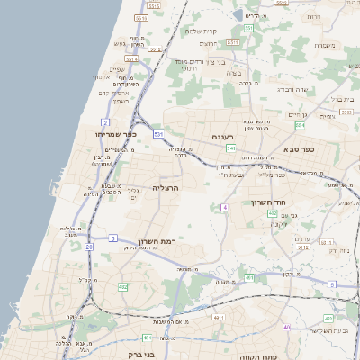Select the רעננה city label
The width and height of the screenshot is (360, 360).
coord(224,136)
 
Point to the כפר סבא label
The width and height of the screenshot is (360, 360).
coord(297,148)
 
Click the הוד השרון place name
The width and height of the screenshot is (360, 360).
coord(268,203)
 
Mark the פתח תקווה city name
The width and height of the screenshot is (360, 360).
coord(256,356)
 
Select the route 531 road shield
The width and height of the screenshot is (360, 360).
coord(158,134)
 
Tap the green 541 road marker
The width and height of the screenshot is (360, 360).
coord(231,148)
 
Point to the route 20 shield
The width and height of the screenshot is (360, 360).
coord(89,246)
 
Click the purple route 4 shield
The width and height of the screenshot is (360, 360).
coord(224,208)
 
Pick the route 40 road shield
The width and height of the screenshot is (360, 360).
coord(286,327)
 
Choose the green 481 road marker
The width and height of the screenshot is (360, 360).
coord(147,338)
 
